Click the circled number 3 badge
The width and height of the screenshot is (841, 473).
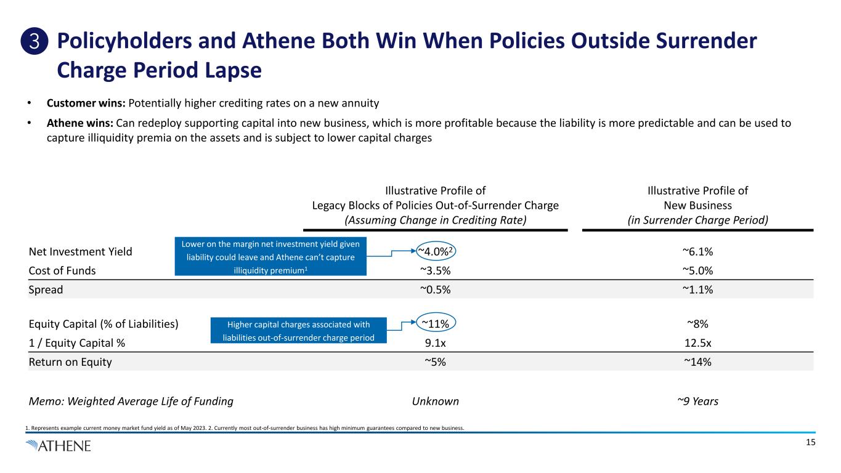37,42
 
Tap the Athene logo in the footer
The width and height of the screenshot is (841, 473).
59,445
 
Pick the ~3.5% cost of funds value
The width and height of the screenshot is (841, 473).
436,270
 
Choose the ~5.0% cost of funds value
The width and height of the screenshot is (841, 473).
697,270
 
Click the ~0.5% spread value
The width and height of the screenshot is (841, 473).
436,289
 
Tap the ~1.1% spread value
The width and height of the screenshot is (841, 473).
697,289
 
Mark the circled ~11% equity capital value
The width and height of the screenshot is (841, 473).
436,323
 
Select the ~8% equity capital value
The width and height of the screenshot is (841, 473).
697,324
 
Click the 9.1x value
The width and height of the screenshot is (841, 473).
436,343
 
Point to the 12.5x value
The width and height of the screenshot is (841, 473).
697,343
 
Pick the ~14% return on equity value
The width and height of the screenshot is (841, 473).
697,362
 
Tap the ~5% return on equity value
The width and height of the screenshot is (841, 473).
436,362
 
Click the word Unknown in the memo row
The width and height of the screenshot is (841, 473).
436,402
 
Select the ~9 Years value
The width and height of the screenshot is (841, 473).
697,402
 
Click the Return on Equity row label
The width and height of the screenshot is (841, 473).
70,362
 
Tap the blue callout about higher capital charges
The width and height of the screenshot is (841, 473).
298,331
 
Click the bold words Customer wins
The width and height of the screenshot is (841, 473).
86,102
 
